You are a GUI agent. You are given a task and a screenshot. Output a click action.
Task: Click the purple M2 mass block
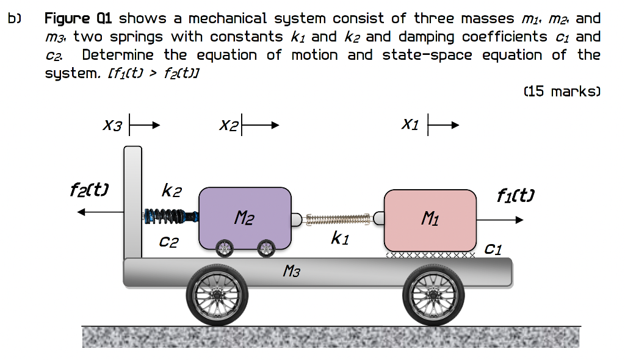click(x=245, y=217)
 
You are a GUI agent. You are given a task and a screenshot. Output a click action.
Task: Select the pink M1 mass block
click(x=430, y=217)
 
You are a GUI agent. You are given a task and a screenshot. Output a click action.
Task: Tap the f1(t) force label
click(x=515, y=196)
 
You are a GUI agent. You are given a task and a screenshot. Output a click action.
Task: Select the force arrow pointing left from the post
click(x=101, y=212)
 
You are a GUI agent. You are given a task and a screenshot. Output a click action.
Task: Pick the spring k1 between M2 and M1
click(x=338, y=217)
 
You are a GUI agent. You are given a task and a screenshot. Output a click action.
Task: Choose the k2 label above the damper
click(x=170, y=191)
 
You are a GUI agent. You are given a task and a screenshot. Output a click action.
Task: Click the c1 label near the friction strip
click(x=494, y=248)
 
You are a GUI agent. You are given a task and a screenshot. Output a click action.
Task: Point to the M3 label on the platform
click(x=292, y=270)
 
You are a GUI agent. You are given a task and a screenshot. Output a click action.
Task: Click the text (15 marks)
click(x=562, y=92)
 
